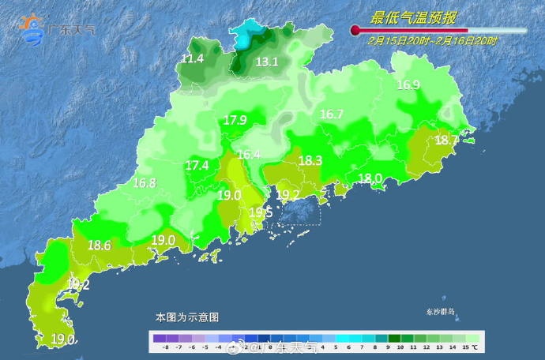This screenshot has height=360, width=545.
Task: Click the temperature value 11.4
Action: [x=193, y=59]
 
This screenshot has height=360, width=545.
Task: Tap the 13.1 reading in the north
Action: [x=267, y=62]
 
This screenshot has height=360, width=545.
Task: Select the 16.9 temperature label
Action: [x=408, y=85]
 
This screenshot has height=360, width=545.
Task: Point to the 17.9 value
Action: [x=235, y=120]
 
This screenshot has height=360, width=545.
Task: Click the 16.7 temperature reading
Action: [x=331, y=114]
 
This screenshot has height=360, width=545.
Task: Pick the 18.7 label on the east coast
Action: [x=446, y=140]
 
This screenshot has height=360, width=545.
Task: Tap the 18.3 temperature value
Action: [x=310, y=160]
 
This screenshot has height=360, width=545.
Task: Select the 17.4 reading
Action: [x=197, y=166]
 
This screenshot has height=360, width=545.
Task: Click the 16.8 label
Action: [x=145, y=182]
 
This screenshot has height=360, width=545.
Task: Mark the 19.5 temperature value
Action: [x=261, y=212]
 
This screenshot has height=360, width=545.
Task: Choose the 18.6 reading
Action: [x=100, y=246]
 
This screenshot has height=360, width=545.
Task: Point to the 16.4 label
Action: [x=249, y=155]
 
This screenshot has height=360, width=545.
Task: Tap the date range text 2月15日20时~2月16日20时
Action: [x=433, y=40]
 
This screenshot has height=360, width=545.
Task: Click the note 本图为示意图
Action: [x=187, y=317]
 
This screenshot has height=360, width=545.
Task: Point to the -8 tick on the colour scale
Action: [x=165, y=347]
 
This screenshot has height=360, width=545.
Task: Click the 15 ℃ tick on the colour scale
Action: [x=473, y=347]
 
